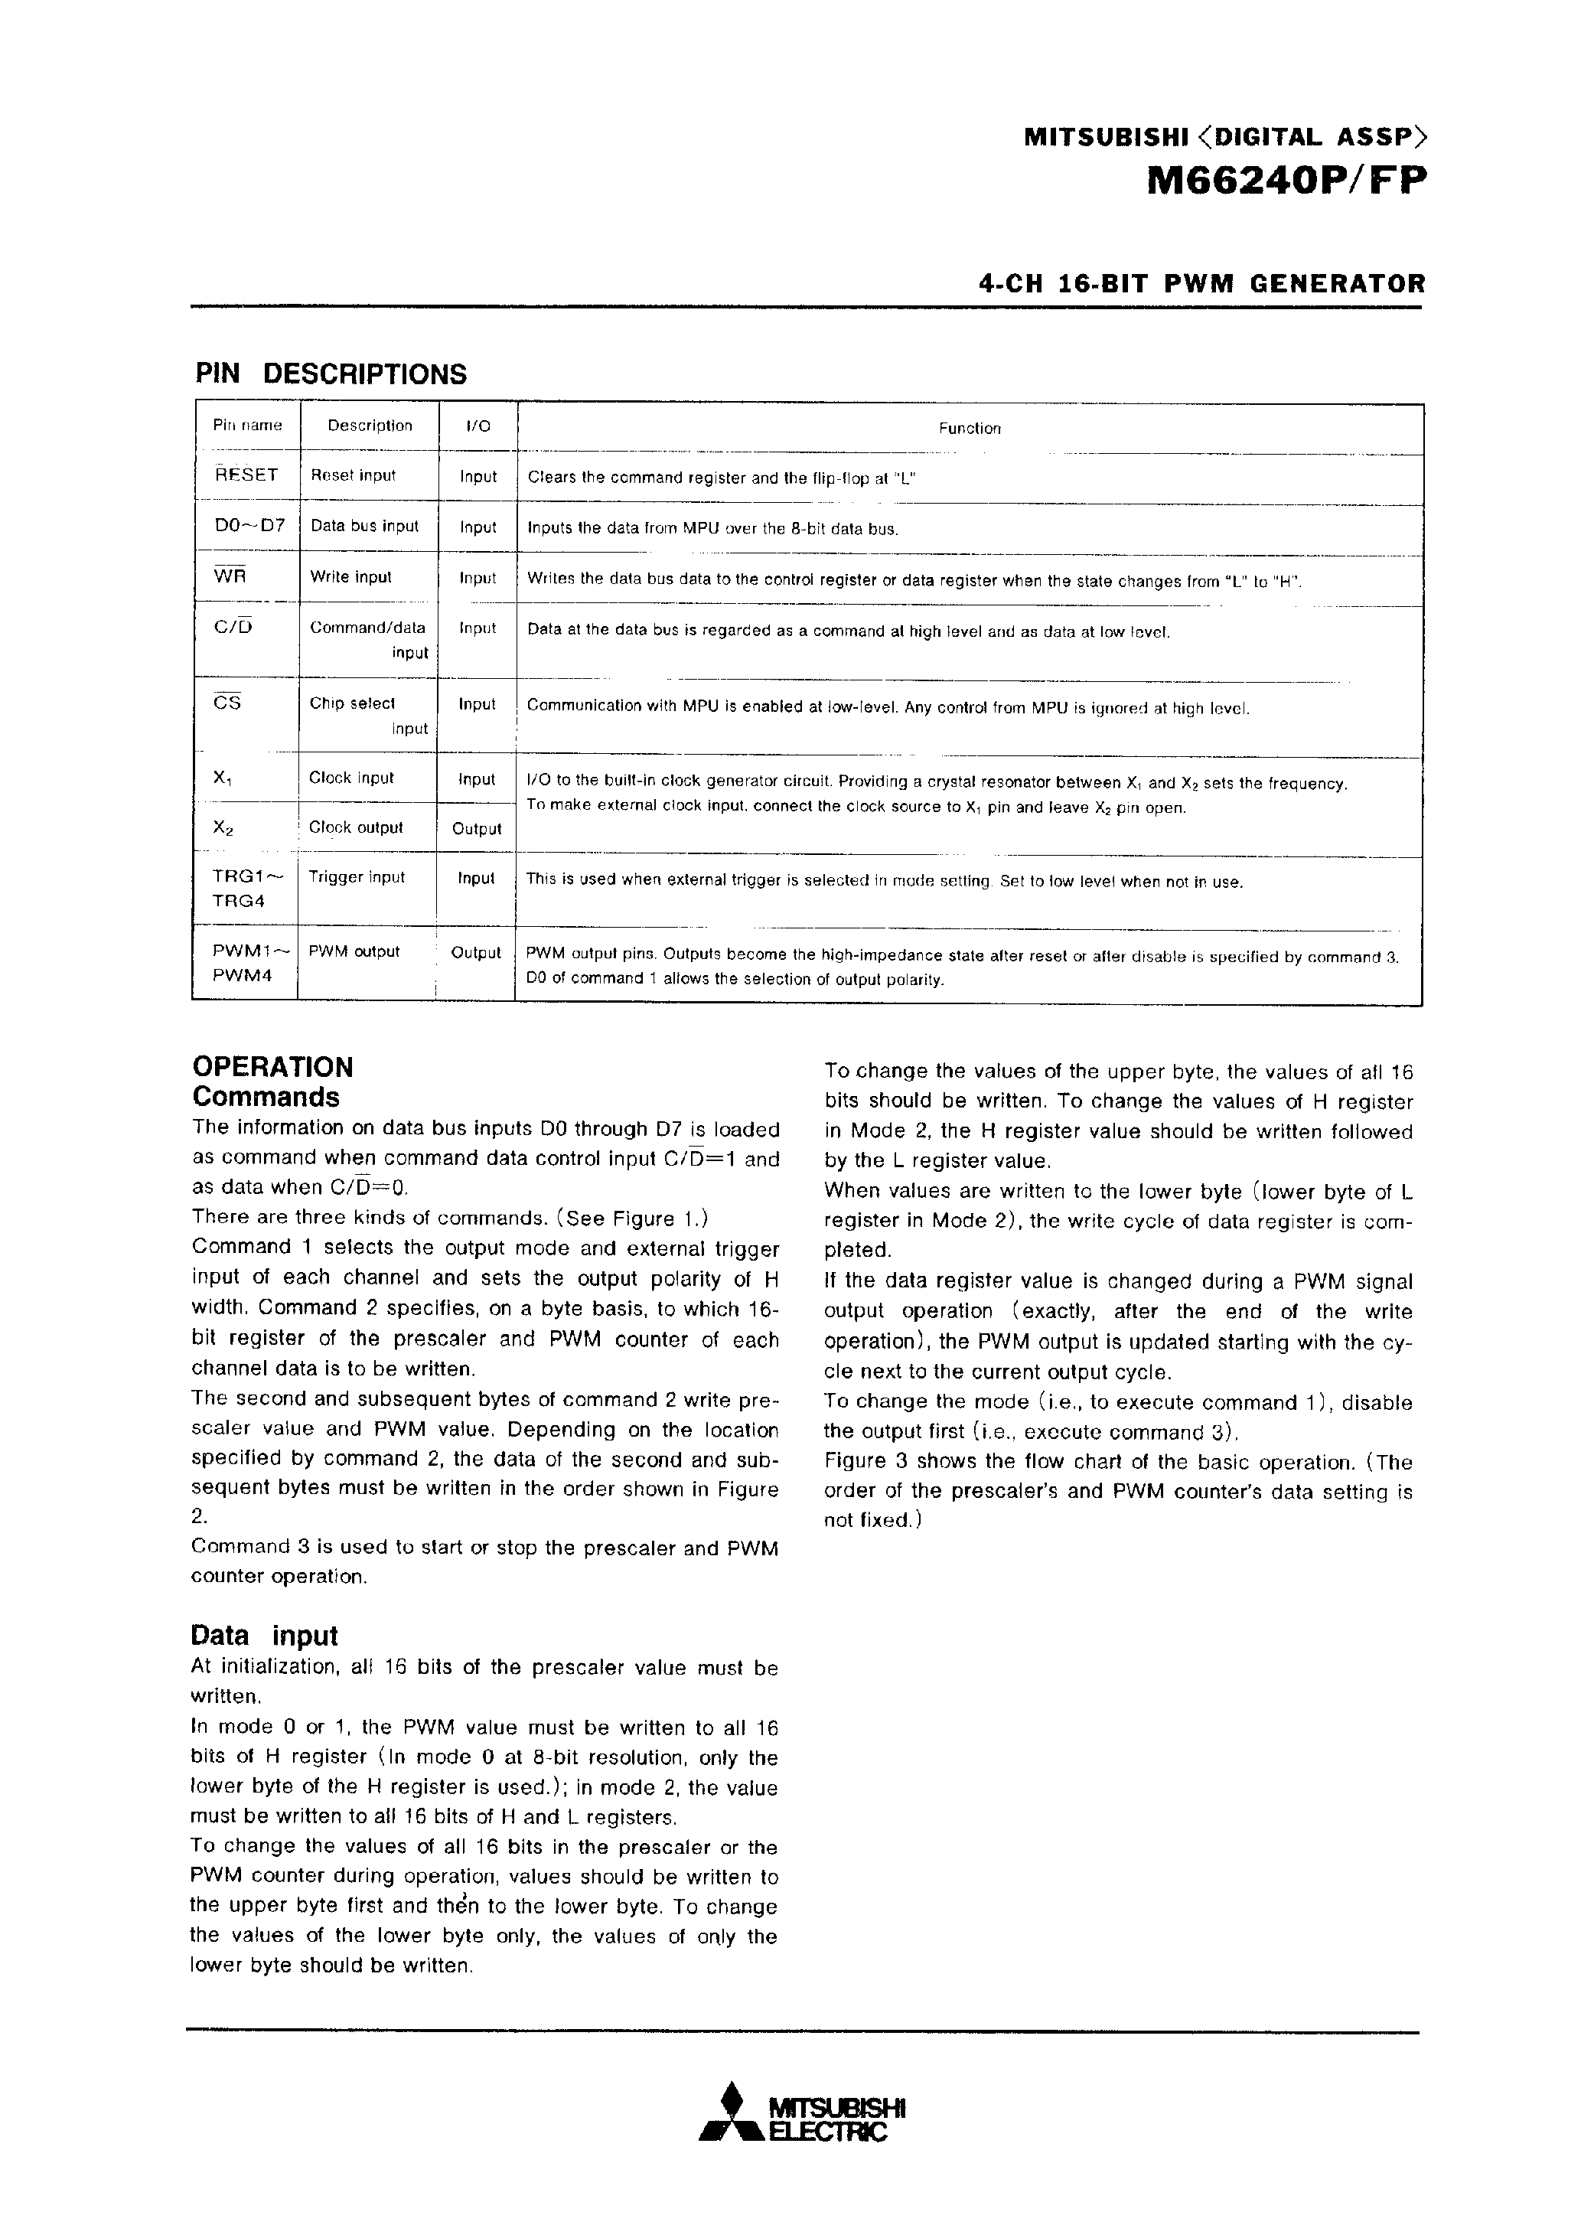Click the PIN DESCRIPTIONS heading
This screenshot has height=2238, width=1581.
[331, 374]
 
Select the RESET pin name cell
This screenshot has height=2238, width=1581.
[246, 475]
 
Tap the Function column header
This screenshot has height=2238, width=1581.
[969, 428]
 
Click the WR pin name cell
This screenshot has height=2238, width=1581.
[230, 576]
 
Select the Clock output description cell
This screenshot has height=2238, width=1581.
[355, 827]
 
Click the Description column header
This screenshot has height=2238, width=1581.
[370, 426]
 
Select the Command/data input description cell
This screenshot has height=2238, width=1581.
[368, 641]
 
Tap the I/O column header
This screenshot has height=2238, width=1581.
[478, 426]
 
